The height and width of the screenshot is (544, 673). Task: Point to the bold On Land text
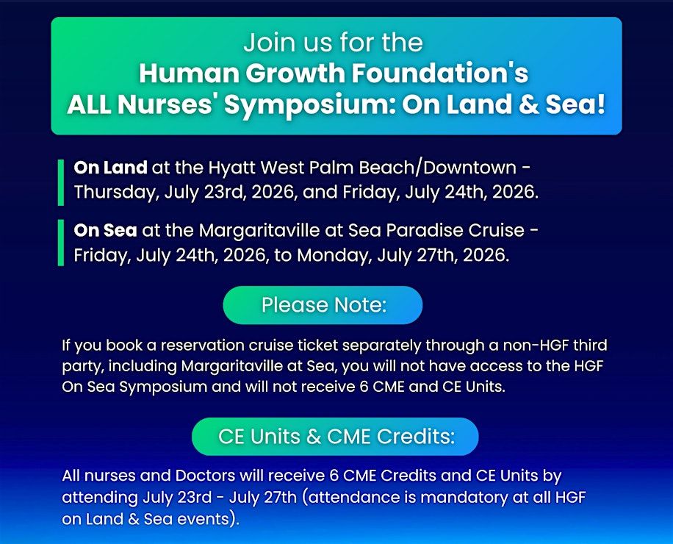pos(110,168)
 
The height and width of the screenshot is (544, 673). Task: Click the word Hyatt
pos(231,168)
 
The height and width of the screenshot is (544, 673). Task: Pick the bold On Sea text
pos(105,231)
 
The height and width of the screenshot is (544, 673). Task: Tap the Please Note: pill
pos(323,305)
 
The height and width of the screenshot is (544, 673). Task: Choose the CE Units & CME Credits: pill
pos(335,437)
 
